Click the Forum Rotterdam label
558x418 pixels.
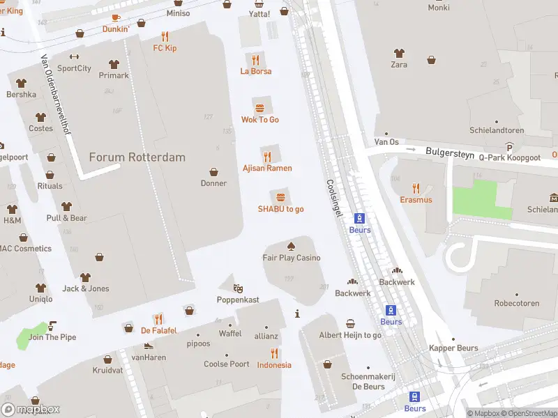pyautogui.click(x=137, y=157)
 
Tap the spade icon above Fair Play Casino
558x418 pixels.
pyautogui.click(x=291, y=246)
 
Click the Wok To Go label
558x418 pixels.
pyautogui.click(x=260, y=120)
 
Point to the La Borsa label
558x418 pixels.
pyautogui.click(x=256, y=71)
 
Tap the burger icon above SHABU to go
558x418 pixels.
pyautogui.click(x=280, y=197)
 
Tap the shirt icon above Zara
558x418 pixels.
pyautogui.click(x=398, y=53)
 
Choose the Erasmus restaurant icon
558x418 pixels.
pyautogui.click(x=416, y=188)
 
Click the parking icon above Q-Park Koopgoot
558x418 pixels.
pyautogui.click(x=509, y=147)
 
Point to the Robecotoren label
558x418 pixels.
pyautogui.click(x=517, y=304)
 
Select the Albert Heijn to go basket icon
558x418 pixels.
pyautogui.click(x=350, y=323)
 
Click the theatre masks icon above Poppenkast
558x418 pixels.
pyautogui.click(x=238, y=288)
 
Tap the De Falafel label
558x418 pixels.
pyautogui.click(x=159, y=330)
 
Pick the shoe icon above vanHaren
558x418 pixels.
pyautogui.click(x=148, y=346)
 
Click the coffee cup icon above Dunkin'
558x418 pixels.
pyautogui.click(x=116, y=18)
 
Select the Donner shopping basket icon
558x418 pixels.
pyautogui.click(x=213, y=172)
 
